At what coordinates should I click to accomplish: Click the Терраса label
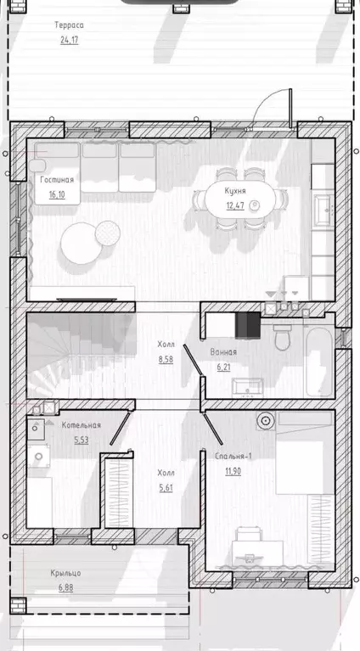click(69, 25)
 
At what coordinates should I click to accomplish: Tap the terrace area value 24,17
click(69, 40)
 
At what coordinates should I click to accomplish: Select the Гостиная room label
click(57, 180)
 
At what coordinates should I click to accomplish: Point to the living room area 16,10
click(57, 194)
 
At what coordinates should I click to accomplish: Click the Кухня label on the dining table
click(235, 191)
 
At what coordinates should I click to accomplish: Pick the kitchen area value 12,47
click(235, 205)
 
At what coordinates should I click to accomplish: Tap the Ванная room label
click(223, 352)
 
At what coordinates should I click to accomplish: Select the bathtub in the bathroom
click(319, 362)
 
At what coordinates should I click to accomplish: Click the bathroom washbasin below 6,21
click(247, 386)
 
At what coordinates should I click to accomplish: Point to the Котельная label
click(82, 425)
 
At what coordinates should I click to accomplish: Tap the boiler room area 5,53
click(82, 441)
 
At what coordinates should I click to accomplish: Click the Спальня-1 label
click(233, 457)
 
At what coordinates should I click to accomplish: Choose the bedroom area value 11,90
click(233, 471)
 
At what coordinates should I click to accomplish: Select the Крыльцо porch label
click(65, 573)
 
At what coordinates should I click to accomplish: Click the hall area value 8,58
click(166, 360)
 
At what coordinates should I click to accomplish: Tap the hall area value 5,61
click(166, 488)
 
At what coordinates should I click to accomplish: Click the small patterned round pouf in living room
click(108, 233)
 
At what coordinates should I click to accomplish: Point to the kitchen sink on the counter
click(323, 210)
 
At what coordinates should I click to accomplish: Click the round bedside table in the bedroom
click(266, 421)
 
